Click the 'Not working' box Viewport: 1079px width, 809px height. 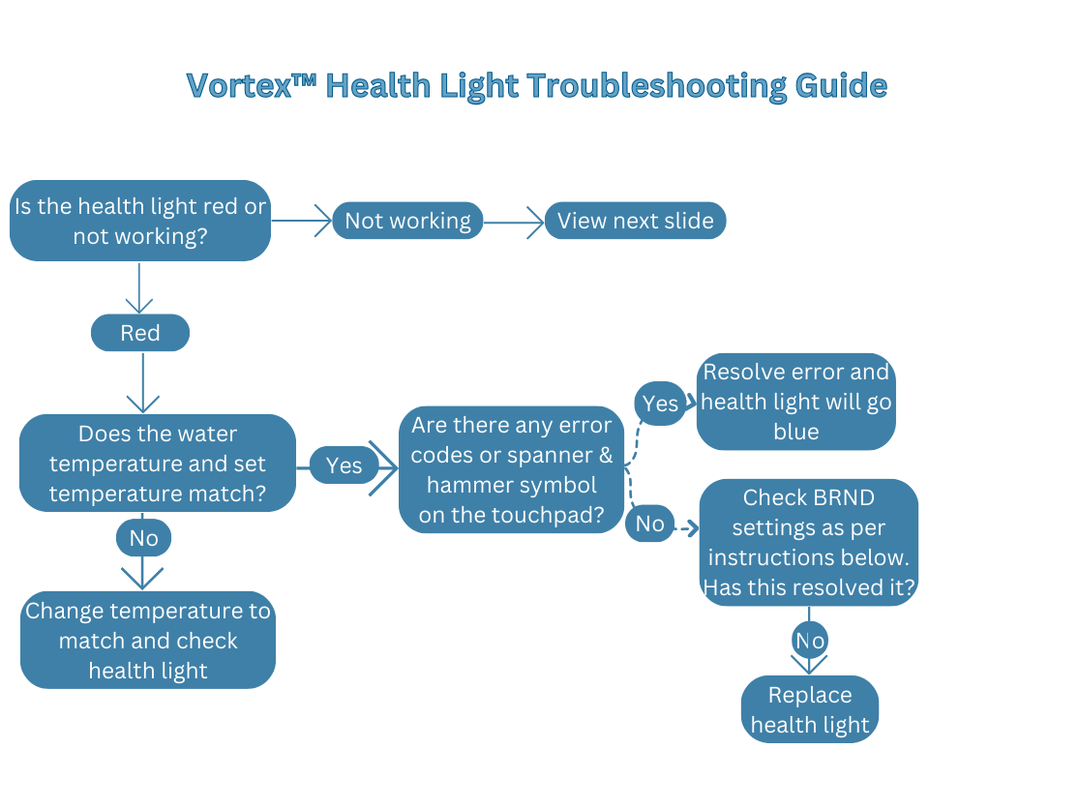click(x=407, y=221)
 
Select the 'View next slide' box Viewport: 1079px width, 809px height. click(x=635, y=221)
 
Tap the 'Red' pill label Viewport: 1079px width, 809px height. click(x=140, y=333)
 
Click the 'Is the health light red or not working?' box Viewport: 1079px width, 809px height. click(x=140, y=221)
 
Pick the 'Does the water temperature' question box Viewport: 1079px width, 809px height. click(x=157, y=464)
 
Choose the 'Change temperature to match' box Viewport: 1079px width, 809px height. click(x=148, y=640)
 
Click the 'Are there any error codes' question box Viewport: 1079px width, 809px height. click(x=511, y=470)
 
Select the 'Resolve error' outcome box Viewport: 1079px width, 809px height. click(x=795, y=402)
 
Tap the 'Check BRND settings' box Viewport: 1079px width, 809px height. click(x=808, y=542)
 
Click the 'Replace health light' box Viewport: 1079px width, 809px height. click(x=809, y=709)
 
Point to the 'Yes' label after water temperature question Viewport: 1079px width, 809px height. click(x=344, y=465)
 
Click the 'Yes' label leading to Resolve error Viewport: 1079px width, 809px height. click(x=660, y=403)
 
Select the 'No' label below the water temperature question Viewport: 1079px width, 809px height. click(x=143, y=537)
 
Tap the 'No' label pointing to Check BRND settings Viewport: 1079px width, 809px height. click(x=649, y=524)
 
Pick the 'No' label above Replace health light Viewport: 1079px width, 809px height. click(x=809, y=641)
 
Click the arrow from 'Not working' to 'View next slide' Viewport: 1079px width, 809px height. click(x=513, y=222)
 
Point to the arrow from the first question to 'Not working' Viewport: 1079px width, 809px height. click(x=301, y=221)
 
